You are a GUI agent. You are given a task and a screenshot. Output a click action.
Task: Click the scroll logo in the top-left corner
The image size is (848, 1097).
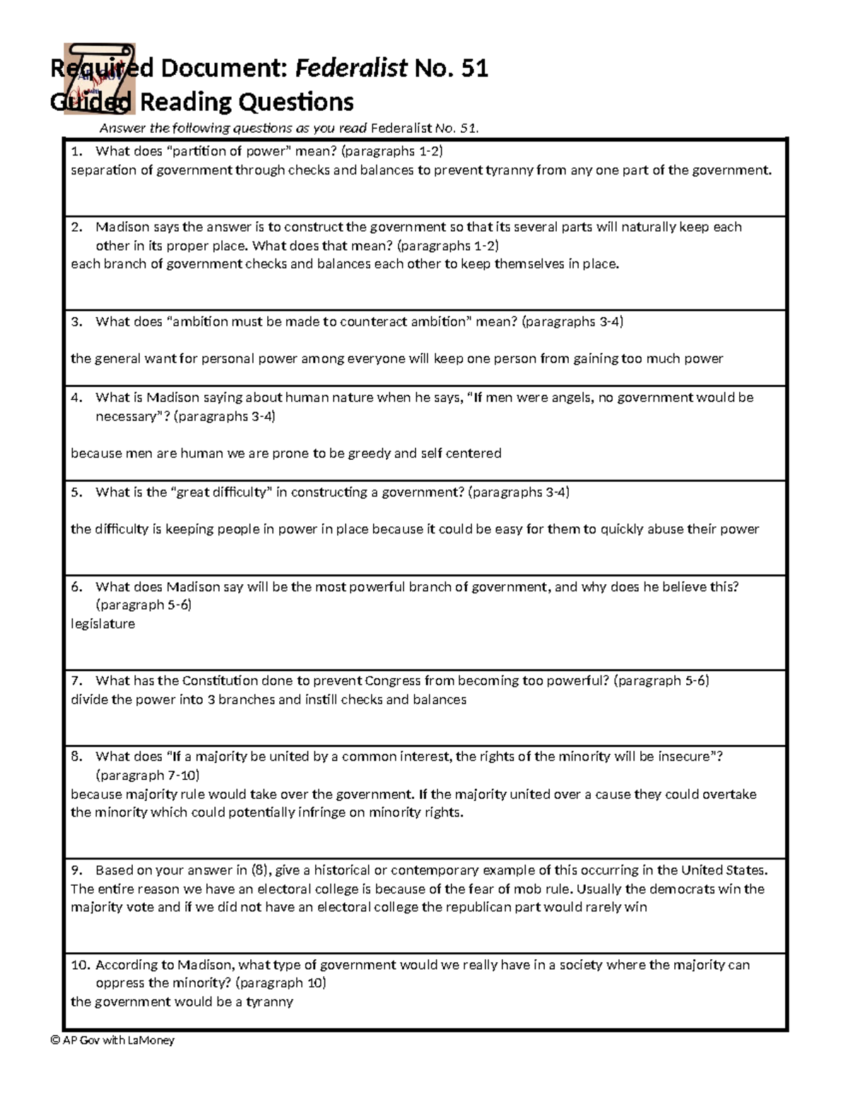tap(99, 78)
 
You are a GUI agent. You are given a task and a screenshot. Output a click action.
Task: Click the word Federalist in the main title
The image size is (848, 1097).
tap(351, 69)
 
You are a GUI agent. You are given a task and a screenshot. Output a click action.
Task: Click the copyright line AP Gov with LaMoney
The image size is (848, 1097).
tap(113, 1040)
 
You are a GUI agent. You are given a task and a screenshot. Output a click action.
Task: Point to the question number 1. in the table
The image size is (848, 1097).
tap(77, 150)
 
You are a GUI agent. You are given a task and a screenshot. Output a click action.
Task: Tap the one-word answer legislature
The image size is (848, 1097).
tap(102, 624)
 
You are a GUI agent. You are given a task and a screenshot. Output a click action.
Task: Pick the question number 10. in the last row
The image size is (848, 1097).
tap(81, 965)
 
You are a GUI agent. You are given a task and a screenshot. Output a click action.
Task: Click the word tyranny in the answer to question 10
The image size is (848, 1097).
tap(269, 1002)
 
